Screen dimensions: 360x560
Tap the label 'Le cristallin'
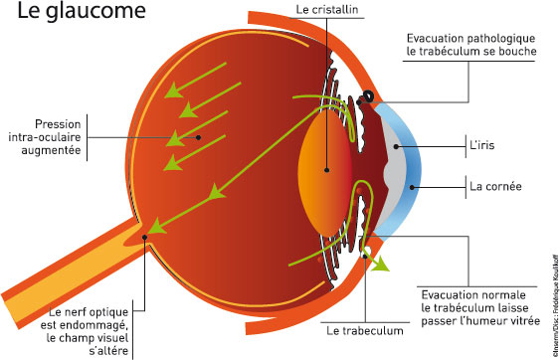(x=328, y=9)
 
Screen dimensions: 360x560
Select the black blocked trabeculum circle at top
(x=368, y=96)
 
